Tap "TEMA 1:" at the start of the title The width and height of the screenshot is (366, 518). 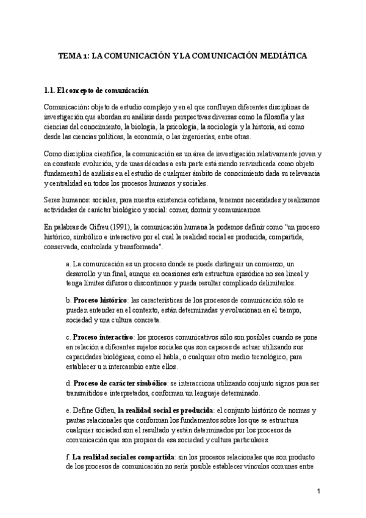tap(72, 55)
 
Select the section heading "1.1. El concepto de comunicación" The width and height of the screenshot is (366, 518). tap(96, 90)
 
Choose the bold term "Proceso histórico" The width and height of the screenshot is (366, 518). tap(100, 301)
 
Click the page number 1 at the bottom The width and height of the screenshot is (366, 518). tap(318, 492)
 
